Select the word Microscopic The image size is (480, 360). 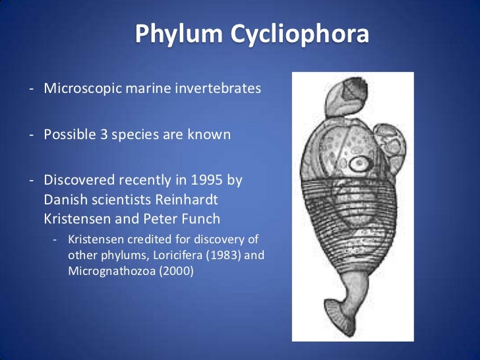[x=80, y=88]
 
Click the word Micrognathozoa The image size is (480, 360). [x=104, y=270]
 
